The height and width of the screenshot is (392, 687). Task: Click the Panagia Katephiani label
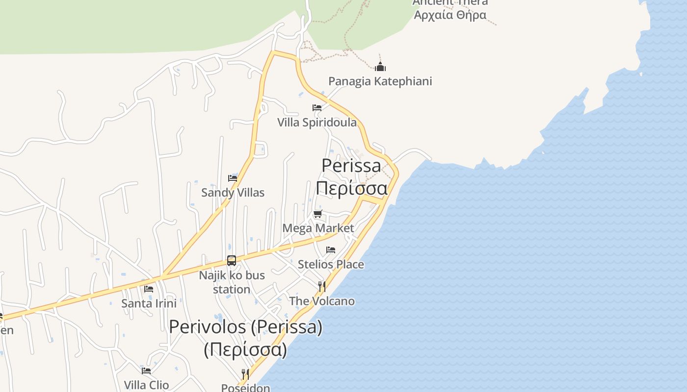pyautogui.click(x=380, y=81)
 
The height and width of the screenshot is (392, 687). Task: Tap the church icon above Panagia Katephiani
pyautogui.click(x=380, y=67)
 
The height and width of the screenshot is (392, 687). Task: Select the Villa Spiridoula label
pyautogui.click(x=317, y=122)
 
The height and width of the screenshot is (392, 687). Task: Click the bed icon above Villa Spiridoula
pyautogui.click(x=317, y=108)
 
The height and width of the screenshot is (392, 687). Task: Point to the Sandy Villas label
pyautogui.click(x=233, y=193)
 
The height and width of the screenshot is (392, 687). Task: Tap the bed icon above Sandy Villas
pyautogui.click(x=233, y=178)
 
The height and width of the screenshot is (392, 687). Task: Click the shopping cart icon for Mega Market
pyautogui.click(x=318, y=214)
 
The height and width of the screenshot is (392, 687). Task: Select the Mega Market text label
pyautogui.click(x=318, y=228)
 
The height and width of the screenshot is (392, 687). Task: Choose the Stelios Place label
pyautogui.click(x=331, y=265)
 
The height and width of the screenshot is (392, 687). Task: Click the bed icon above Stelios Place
pyautogui.click(x=331, y=250)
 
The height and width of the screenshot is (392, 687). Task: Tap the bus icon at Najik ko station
pyautogui.click(x=232, y=261)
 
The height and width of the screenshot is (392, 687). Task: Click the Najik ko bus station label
pyautogui.click(x=232, y=282)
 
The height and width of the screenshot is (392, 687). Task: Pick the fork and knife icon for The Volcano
pyautogui.click(x=322, y=286)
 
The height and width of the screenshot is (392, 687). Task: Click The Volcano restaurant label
pyautogui.click(x=322, y=301)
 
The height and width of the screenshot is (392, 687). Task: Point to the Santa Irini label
pyautogui.click(x=149, y=303)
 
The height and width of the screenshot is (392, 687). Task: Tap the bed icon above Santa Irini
pyautogui.click(x=149, y=289)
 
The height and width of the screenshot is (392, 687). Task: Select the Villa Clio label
pyautogui.click(x=146, y=385)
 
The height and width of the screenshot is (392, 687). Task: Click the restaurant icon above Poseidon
pyautogui.click(x=245, y=375)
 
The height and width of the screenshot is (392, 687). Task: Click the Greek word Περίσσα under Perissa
pyautogui.click(x=351, y=188)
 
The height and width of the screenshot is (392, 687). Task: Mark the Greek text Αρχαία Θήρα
pyautogui.click(x=450, y=15)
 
